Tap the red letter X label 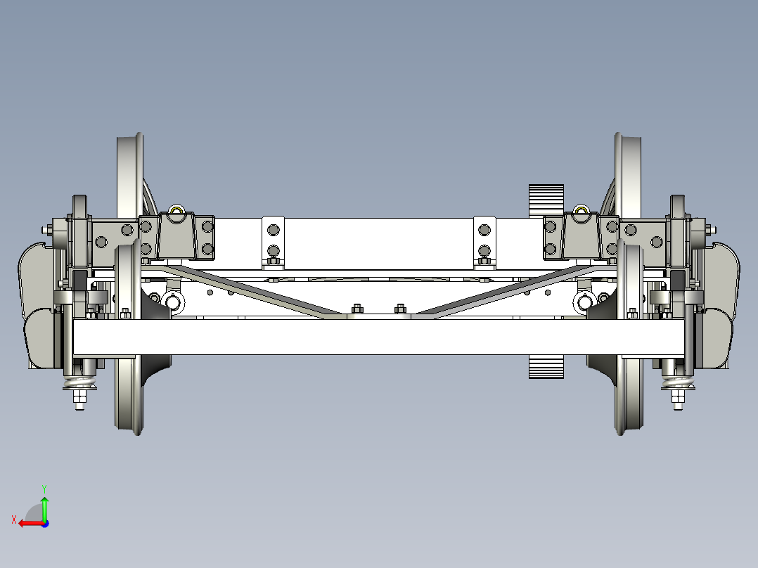click(13, 519)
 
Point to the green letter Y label click(44, 487)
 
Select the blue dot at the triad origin click(44, 523)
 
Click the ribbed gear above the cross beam click(546, 200)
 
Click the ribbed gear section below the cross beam click(546, 367)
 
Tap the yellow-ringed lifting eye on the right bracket click(581, 210)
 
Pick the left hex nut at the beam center click(356, 308)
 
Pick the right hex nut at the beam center click(401, 308)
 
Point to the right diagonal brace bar click(503, 292)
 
